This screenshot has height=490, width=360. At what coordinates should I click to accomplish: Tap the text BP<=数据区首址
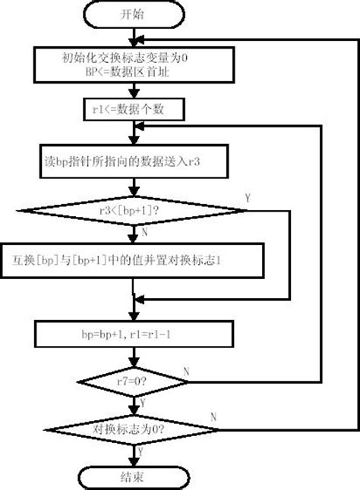tap(128, 72)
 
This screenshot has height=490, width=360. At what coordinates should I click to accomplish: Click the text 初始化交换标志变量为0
tap(125, 58)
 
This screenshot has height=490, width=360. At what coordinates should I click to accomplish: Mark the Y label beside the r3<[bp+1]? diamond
tap(248, 198)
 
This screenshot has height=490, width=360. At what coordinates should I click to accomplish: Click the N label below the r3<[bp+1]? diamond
tap(144, 232)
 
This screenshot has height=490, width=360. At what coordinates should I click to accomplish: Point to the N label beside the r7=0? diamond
tap(186, 372)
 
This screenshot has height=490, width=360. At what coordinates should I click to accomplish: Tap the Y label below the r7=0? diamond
tap(143, 403)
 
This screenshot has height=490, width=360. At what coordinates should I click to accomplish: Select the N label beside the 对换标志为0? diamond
tap(213, 417)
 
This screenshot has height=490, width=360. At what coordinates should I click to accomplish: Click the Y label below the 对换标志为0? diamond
tap(141, 451)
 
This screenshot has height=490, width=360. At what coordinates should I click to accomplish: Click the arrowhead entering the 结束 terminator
tap(134, 462)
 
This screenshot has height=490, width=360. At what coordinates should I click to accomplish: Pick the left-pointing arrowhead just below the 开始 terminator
tap(140, 39)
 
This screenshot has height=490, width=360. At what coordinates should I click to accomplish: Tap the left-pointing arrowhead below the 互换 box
tap(140, 300)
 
